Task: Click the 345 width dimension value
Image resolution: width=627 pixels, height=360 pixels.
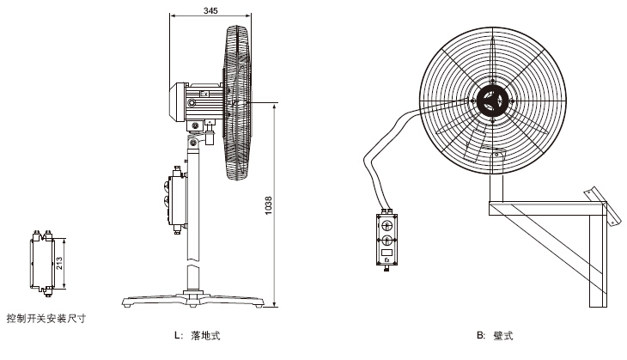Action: click(x=210, y=11)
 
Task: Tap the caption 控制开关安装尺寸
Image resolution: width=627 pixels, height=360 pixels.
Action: click(x=46, y=318)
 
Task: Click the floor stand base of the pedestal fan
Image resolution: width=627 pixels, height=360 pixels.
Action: click(x=194, y=302)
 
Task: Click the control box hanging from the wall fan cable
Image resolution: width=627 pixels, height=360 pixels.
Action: click(x=387, y=238)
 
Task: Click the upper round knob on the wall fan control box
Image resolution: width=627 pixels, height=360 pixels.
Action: click(x=387, y=225)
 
